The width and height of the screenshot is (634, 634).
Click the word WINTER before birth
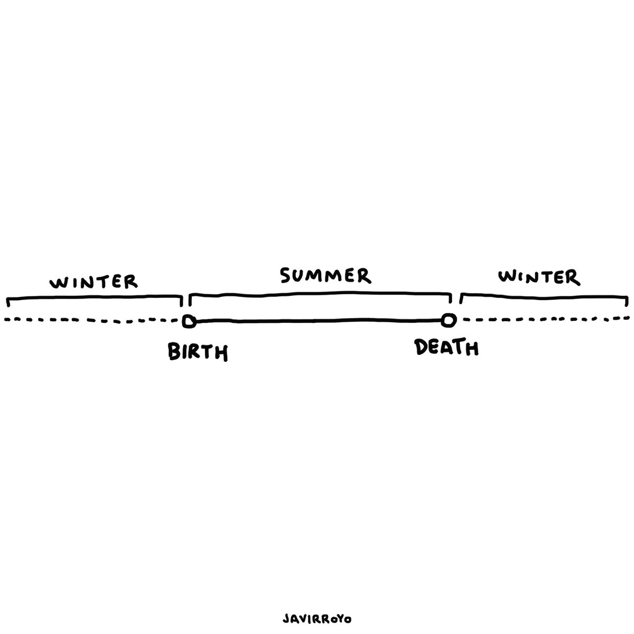94,281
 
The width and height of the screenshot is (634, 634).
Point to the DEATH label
446,348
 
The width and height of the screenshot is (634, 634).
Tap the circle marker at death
449,320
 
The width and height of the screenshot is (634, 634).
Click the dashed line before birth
90,320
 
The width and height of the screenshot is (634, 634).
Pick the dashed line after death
544,320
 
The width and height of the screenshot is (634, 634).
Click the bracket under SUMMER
320,292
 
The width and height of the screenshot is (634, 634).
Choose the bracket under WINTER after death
544,297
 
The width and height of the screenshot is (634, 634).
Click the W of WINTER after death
507,276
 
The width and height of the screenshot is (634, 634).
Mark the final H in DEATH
471,348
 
